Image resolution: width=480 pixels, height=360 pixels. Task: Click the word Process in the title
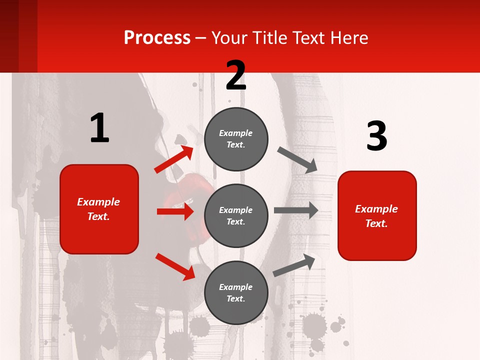point(157,38)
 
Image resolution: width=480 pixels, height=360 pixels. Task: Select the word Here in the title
point(348,38)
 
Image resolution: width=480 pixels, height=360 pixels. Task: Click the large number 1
point(99,128)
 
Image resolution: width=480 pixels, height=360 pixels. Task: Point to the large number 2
point(236,76)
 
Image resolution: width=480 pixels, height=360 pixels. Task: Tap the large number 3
point(376,136)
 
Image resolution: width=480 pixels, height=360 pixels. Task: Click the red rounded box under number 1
point(99,209)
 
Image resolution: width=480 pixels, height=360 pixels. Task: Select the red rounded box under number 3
point(377,215)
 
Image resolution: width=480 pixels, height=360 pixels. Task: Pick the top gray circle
point(236,139)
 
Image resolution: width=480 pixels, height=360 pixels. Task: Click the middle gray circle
point(236,215)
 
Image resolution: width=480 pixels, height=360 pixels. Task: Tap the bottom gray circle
point(236,292)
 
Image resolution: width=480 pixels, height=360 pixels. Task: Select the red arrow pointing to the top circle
point(174,159)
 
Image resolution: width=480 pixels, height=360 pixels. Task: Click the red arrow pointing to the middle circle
point(175,211)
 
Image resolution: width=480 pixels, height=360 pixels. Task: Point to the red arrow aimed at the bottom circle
point(175,266)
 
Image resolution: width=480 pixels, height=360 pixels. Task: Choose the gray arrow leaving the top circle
point(297,159)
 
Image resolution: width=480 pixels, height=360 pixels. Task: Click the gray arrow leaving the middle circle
point(296,210)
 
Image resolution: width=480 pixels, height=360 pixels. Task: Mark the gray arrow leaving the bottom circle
point(294,265)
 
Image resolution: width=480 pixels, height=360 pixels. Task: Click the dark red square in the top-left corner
point(18,36)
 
